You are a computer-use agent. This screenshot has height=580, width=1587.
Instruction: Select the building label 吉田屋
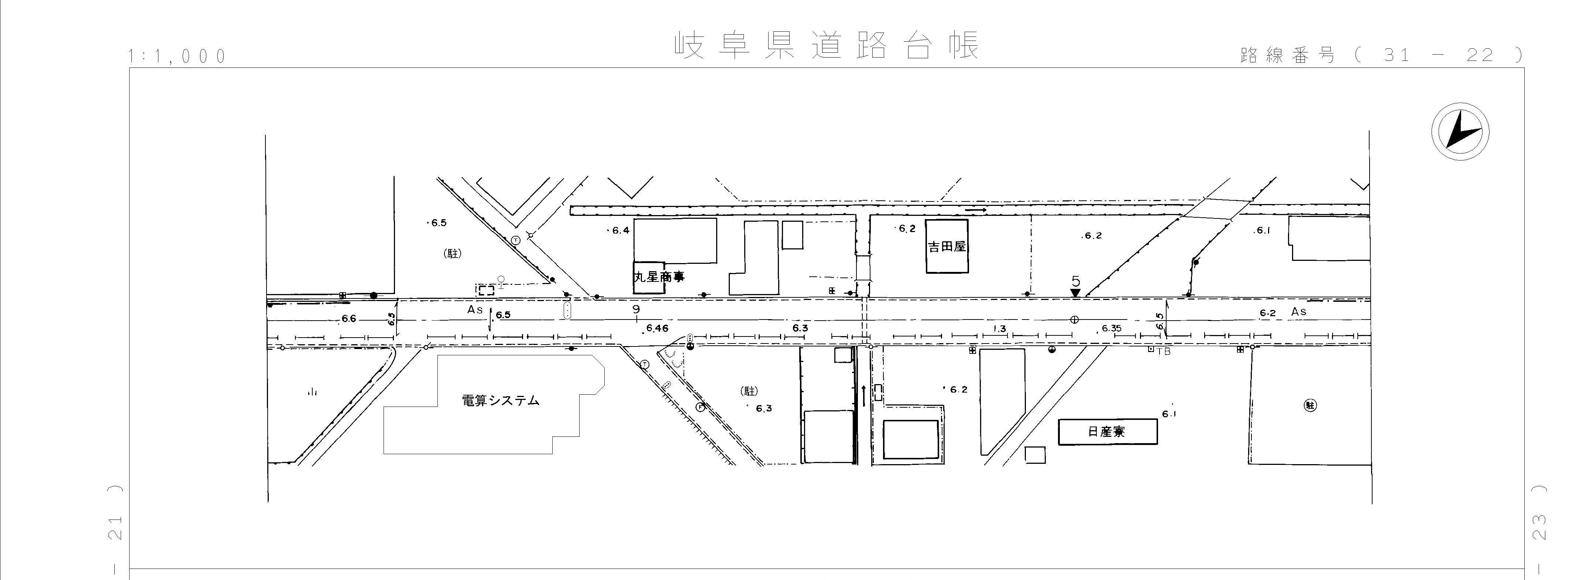tap(947, 247)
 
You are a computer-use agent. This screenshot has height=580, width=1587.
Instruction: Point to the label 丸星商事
tap(659, 277)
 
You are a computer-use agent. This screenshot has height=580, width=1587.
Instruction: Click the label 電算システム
tap(500, 401)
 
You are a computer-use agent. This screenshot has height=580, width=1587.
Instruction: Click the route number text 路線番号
tap(1288, 55)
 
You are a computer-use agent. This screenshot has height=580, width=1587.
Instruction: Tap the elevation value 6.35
tap(1112, 328)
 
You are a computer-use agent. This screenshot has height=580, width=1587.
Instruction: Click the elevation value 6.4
tap(621, 230)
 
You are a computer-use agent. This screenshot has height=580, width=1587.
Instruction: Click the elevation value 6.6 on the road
tap(349, 319)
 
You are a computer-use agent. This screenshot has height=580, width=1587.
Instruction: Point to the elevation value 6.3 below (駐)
tap(764, 408)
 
